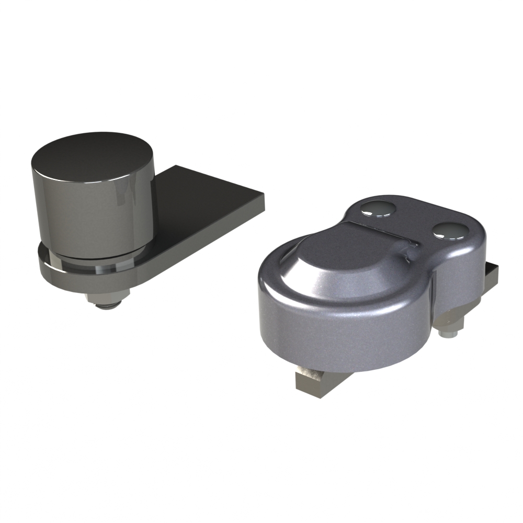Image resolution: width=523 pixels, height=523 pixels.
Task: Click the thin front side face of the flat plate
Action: coord(209,235)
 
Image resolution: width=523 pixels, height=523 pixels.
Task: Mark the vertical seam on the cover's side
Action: coord(434,303)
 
